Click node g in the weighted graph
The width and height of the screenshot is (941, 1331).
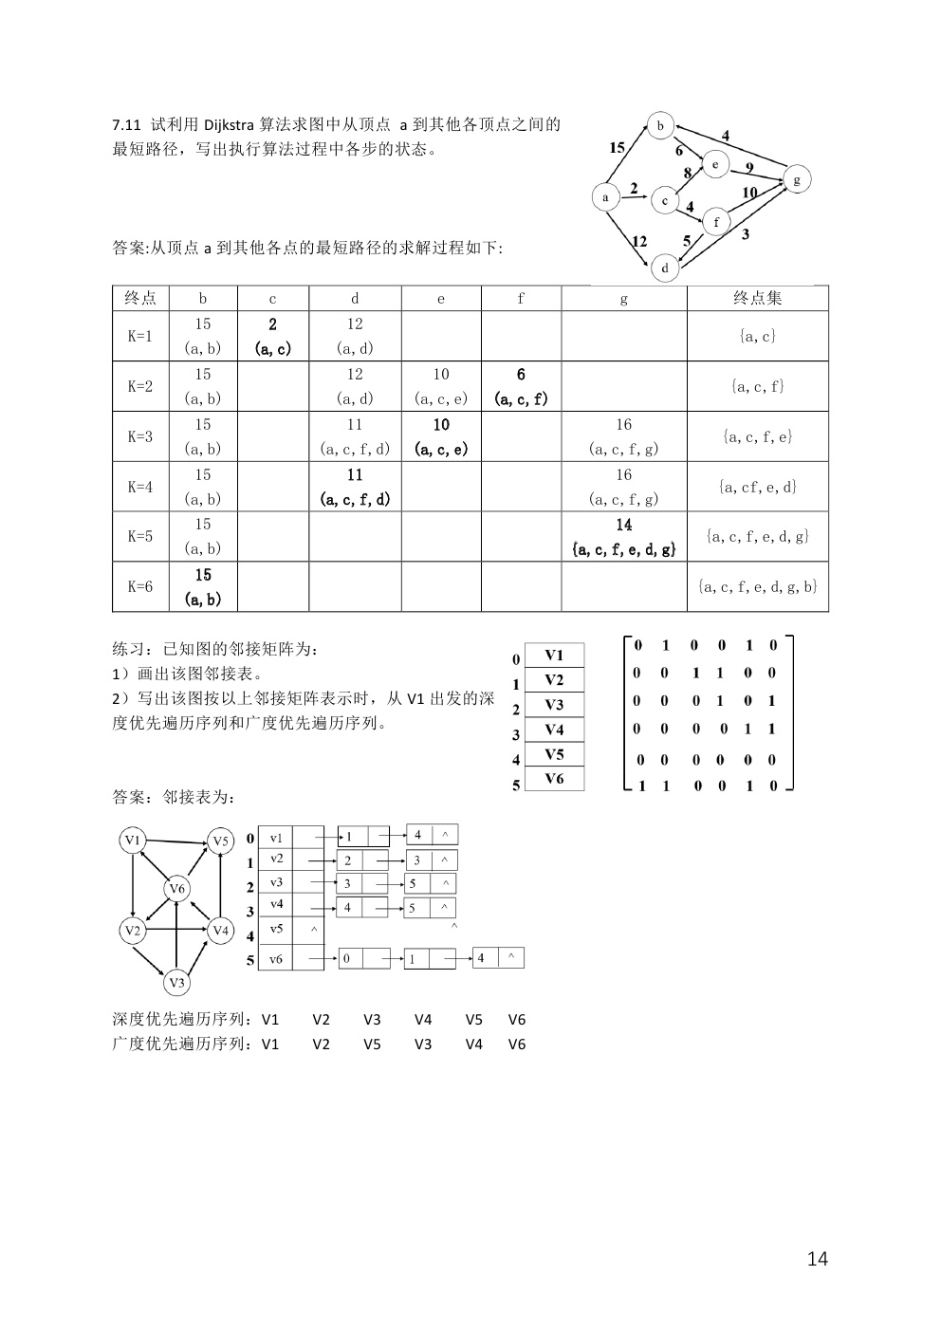pyautogui.click(x=797, y=179)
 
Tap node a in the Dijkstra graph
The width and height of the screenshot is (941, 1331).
pyautogui.click(x=605, y=196)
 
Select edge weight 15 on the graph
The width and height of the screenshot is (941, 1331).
pyautogui.click(x=617, y=147)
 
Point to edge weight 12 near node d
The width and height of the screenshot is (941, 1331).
pyautogui.click(x=639, y=241)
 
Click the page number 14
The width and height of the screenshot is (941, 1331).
pyautogui.click(x=817, y=1259)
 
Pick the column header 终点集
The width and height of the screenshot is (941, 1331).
pyautogui.click(x=757, y=298)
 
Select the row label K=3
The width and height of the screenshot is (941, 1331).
pyautogui.click(x=140, y=436)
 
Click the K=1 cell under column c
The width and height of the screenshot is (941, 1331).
pyautogui.click(x=272, y=336)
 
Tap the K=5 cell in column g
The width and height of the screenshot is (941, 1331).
pyautogui.click(x=623, y=537)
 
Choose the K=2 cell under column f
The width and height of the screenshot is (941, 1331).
pyautogui.click(x=521, y=386)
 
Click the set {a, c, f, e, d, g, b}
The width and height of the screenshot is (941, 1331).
pyautogui.click(x=757, y=586)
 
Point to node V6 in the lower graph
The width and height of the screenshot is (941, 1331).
pyautogui.click(x=176, y=889)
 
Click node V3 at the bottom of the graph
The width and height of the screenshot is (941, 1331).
pyautogui.click(x=176, y=983)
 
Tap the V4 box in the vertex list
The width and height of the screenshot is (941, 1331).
pyautogui.click(x=554, y=730)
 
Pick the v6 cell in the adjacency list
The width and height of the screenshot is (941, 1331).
pyautogui.click(x=276, y=959)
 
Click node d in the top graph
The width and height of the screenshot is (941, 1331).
pyautogui.click(x=665, y=268)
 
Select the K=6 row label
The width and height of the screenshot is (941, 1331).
pyautogui.click(x=140, y=586)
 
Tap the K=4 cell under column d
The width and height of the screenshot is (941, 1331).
pyautogui.click(x=355, y=487)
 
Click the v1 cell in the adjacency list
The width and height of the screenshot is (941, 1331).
pyautogui.click(x=276, y=838)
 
